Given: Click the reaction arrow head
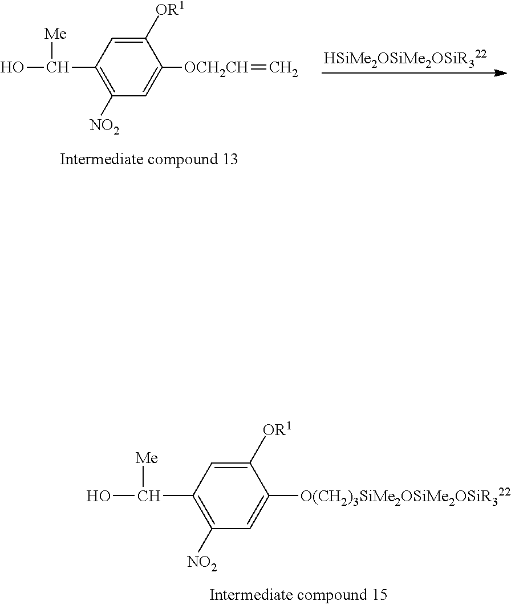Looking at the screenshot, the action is click(502, 73).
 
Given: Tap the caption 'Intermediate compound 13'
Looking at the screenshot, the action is click(149, 159).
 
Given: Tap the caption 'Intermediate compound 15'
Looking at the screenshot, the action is click(298, 595).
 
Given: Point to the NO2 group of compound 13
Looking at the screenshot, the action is click(105, 127).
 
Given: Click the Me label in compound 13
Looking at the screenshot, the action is click(55, 35).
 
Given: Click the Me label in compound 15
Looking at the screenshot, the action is click(147, 457).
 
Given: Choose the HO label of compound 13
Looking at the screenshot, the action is click(13, 69).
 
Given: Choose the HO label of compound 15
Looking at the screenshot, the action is click(99, 497).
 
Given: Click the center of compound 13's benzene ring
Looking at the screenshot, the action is click(129, 68).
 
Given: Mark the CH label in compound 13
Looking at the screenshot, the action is click(57, 69).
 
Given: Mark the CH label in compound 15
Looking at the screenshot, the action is click(149, 497).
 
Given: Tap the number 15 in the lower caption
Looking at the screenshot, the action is click(378, 595).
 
